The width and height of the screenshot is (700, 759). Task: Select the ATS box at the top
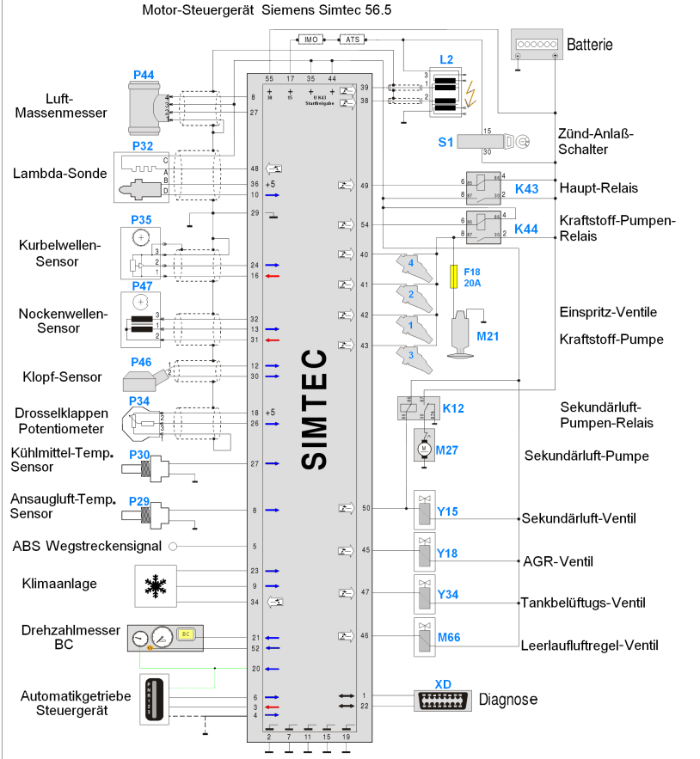point(352,40)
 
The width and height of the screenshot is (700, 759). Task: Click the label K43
point(526,188)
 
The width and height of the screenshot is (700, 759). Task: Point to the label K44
point(526,229)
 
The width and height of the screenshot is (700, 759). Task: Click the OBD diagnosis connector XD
point(444,700)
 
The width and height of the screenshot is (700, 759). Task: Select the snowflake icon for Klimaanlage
point(155,587)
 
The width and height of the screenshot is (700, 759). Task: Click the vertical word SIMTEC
point(316,407)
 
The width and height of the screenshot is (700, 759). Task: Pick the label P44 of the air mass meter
point(144,76)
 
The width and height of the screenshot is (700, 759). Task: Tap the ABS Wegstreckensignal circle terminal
point(172,546)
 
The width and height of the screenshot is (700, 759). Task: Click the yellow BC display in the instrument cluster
point(185,635)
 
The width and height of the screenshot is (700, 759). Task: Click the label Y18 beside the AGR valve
point(447,553)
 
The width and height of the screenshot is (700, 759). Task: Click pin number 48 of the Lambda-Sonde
point(255,168)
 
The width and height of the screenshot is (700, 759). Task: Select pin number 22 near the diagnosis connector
point(364,706)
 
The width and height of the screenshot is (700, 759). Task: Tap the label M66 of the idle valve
point(449,637)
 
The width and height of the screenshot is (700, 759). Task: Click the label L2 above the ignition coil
point(445,59)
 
